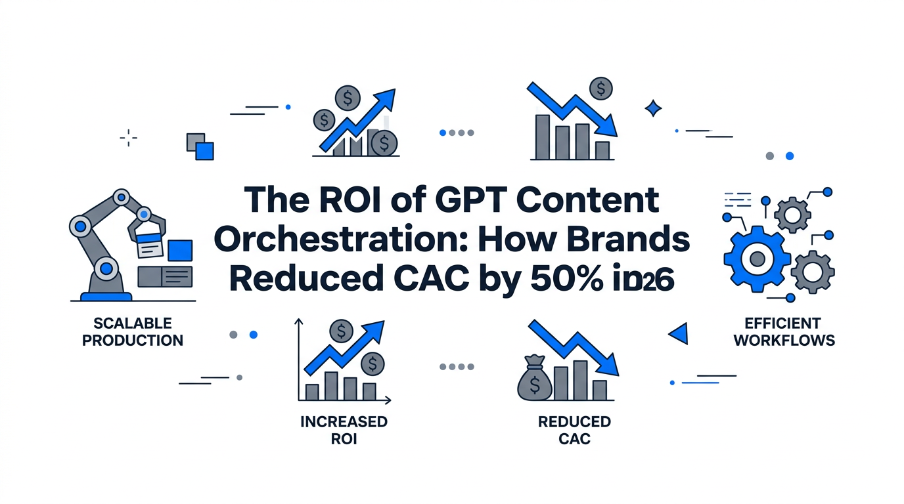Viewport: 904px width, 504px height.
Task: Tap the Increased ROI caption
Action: [x=344, y=430]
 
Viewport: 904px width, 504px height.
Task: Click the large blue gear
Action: [x=756, y=257]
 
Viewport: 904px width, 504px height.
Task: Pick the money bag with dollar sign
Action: [x=533, y=383]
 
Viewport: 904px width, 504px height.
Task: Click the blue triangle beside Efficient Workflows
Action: [x=679, y=334]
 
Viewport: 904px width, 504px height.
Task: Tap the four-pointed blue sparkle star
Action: [x=653, y=108]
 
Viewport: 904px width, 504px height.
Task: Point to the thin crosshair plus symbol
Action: [x=128, y=138]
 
